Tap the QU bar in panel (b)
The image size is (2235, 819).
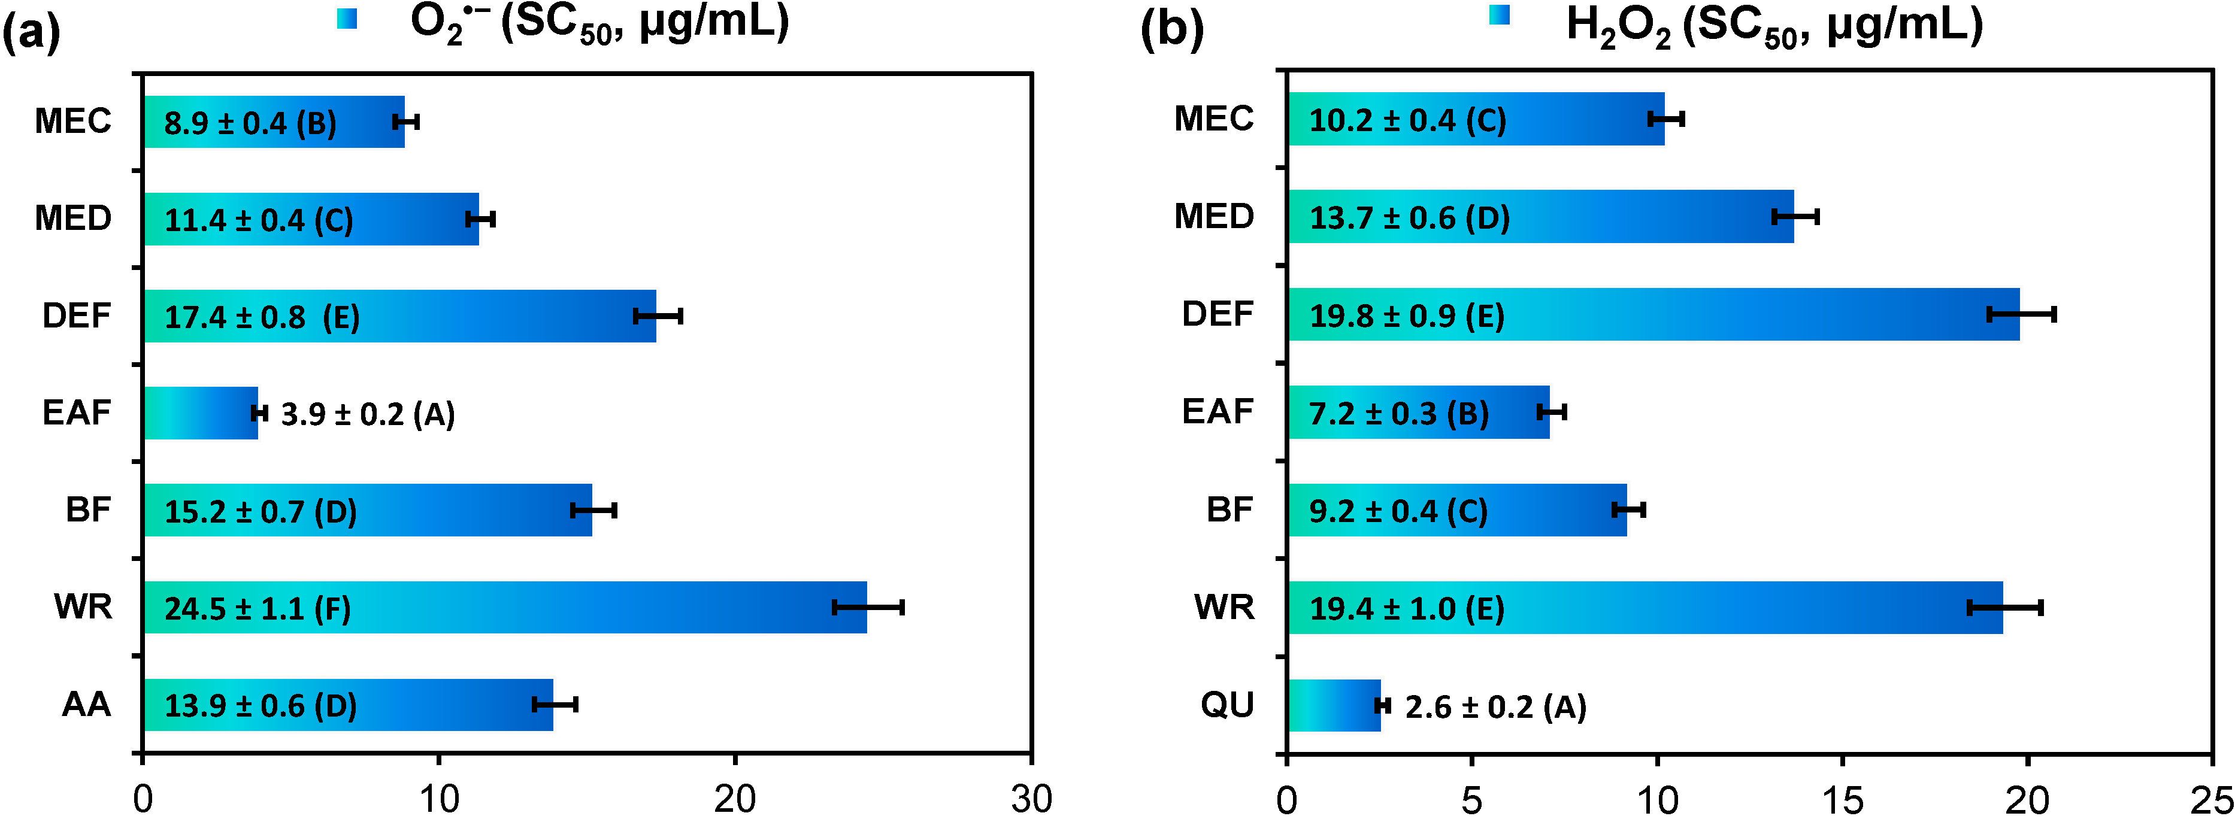pyautogui.click(x=1334, y=705)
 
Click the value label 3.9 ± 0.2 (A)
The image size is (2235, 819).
pyautogui.click(x=368, y=415)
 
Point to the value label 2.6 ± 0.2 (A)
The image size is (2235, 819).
pyautogui.click(x=1495, y=707)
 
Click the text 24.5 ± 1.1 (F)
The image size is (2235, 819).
pyautogui.click(x=258, y=609)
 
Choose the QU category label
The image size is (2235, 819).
pyautogui.click(x=1227, y=705)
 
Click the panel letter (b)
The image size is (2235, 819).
pyautogui.click(x=1171, y=31)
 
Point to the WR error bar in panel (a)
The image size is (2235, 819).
pyautogui.click(x=868, y=607)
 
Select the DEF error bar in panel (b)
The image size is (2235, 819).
pyautogui.click(x=2022, y=314)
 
